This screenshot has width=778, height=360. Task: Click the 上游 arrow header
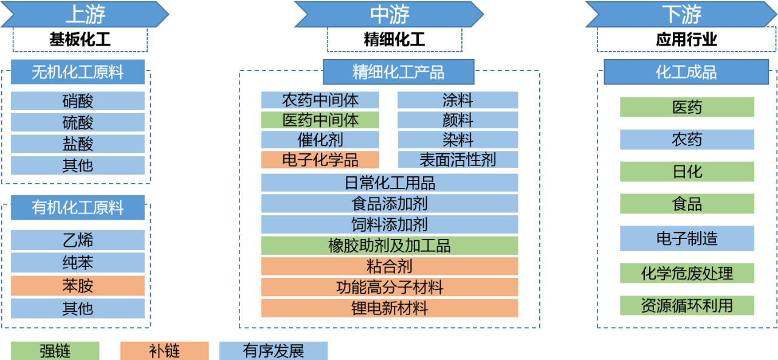(x=84, y=14)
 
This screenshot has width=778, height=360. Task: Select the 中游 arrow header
(x=389, y=14)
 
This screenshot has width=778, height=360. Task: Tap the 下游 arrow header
(x=681, y=14)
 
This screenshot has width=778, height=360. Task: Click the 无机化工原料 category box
(x=78, y=72)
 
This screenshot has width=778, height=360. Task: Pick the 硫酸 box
(x=78, y=122)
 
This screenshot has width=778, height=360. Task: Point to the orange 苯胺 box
(x=78, y=285)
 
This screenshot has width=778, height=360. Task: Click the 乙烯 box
(x=78, y=240)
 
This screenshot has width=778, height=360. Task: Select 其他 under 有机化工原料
(x=78, y=308)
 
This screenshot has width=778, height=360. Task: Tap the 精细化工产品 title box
(x=398, y=72)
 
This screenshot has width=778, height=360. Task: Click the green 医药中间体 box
(x=320, y=120)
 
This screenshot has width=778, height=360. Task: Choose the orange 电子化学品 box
(x=320, y=160)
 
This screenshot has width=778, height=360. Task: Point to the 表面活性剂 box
(x=458, y=160)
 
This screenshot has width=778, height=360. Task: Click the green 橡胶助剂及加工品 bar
(x=390, y=246)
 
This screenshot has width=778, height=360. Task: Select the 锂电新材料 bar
(x=390, y=308)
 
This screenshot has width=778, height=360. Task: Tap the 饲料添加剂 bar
(x=390, y=224)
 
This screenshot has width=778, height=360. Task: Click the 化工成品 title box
(x=686, y=72)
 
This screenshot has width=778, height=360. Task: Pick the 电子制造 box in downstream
(x=687, y=238)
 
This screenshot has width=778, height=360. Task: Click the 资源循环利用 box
(x=687, y=305)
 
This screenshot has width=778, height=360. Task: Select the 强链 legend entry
(x=55, y=351)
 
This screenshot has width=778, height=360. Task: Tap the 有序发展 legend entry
(x=274, y=351)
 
